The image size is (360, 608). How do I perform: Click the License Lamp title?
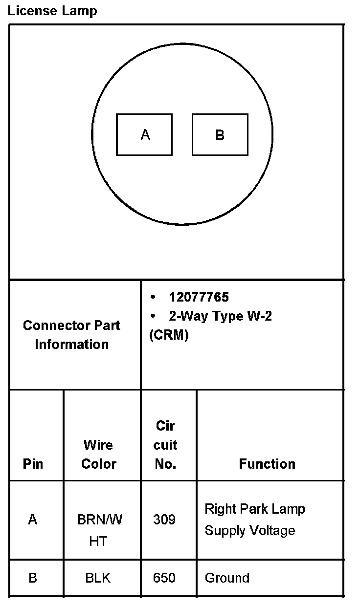click(52, 10)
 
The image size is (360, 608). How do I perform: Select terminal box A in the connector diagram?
click(144, 135)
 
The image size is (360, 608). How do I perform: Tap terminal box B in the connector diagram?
click(220, 135)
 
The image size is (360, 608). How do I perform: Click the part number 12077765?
click(199, 297)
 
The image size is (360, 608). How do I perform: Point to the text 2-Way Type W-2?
click(220, 316)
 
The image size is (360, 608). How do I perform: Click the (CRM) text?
click(169, 336)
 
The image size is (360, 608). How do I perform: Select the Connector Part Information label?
click(71, 335)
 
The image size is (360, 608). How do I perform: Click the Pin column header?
click(33, 464)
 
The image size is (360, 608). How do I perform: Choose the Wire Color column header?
click(99, 455)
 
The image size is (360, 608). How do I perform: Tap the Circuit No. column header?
click(165, 445)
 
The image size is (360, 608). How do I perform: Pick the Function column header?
click(267, 464)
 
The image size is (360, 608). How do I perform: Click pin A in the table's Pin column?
click(33, 520)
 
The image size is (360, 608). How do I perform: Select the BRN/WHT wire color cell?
click(99, 530)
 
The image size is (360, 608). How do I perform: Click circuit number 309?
click(164, 520)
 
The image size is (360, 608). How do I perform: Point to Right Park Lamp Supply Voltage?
click(254, 520)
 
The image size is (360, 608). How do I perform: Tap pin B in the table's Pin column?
click(33, 578)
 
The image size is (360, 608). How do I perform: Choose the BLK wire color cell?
click(98, 578)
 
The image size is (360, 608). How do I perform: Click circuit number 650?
click(164, 578)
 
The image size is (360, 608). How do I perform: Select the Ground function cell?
click(227, 578)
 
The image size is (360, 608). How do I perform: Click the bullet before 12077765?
click(153, 297)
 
